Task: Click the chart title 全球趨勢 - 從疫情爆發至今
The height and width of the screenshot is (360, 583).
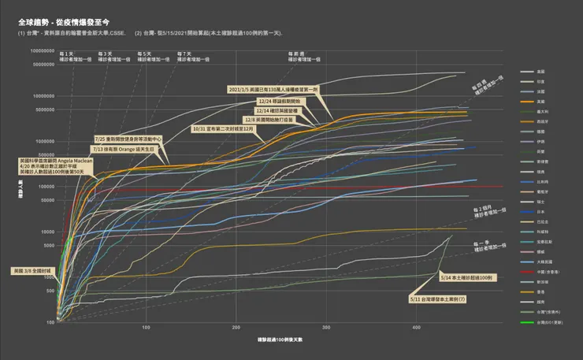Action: point(69,24)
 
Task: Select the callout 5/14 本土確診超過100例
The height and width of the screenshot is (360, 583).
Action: point(465,279)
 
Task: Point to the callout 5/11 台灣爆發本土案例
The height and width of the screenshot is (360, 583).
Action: point(438,299)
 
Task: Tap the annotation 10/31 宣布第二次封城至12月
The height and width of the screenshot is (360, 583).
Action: point(227,128)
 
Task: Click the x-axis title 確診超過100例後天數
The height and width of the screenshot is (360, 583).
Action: point(279,339)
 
